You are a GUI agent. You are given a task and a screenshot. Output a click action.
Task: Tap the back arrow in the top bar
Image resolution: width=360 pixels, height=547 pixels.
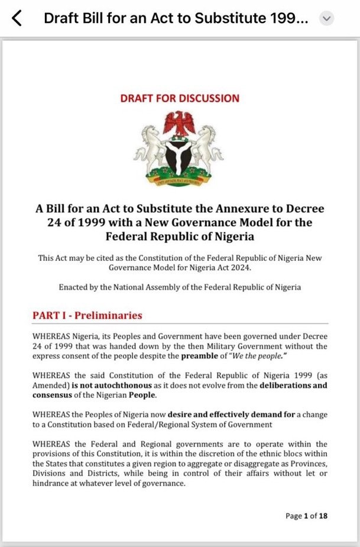click(17, 18)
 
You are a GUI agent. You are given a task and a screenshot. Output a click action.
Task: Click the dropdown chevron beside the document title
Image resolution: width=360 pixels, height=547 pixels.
click(327, 19)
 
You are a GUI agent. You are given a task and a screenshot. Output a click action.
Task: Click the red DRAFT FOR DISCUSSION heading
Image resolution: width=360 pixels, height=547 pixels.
click(180, 98)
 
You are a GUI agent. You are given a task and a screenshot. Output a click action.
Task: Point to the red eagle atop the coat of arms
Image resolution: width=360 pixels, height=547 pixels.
click(179, 122)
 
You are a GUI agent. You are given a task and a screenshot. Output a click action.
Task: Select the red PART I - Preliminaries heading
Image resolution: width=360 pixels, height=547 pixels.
click(87, 316)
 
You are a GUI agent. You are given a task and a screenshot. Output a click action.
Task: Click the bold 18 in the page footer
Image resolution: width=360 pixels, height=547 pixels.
click(323, 516)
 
